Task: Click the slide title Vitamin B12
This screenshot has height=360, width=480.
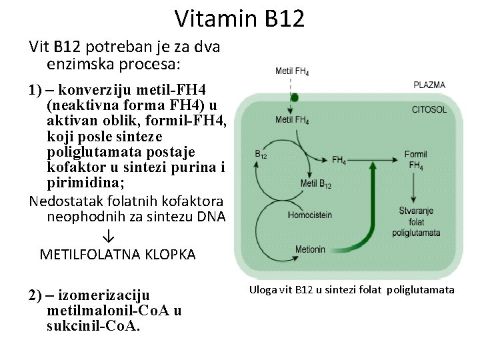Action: (240, 18)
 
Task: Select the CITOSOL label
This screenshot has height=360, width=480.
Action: (429, 109)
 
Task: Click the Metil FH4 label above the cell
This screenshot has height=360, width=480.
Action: (291, 72)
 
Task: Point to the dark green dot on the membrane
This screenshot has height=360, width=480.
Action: (294, 97)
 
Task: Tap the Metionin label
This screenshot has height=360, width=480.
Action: (311, 249)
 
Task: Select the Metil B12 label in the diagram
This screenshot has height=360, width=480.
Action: (315, 184)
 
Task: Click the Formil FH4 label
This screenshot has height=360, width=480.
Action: (415, 159)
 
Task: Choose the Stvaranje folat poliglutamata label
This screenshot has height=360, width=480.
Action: (417, 221)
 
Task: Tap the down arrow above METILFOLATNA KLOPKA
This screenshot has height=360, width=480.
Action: (109, 237)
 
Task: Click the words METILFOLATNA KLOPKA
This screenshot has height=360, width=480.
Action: (117, 255)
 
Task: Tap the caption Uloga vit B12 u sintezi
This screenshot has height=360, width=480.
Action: (351, 290)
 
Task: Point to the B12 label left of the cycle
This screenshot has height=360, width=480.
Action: (261, 154)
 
